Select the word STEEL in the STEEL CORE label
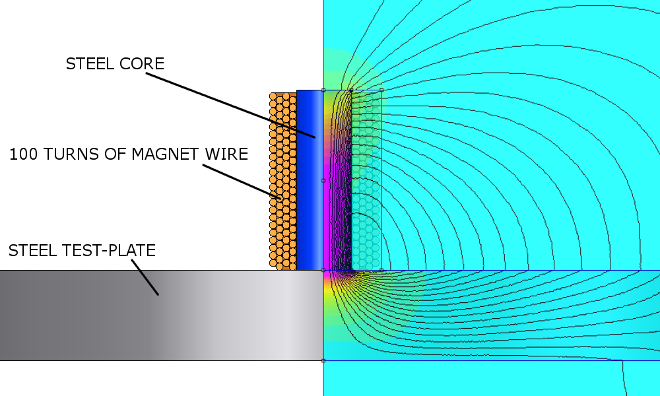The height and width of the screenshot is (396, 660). (88, 64)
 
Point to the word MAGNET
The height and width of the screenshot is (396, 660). (162, 154)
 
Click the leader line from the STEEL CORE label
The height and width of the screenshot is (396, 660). (231, 105)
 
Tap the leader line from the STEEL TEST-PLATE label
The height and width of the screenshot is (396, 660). (145, 277)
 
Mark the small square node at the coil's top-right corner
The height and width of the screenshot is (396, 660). (381, 90)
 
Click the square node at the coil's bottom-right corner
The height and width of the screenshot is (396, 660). (381, 270)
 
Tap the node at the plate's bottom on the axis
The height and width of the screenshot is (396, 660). (323, 360)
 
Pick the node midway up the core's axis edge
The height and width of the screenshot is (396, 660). (323, 180)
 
